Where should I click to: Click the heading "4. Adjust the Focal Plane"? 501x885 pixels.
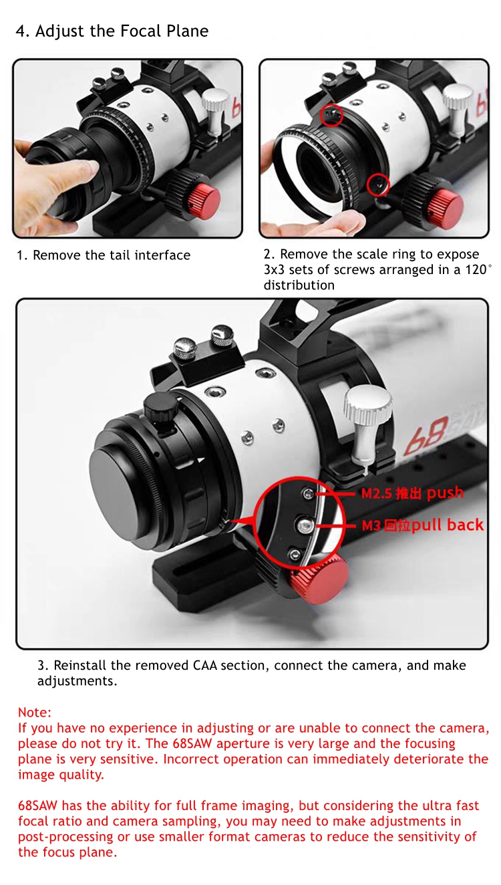pos(112,31)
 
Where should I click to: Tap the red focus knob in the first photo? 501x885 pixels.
pos(203,201)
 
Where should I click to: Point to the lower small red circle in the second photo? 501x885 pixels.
pos(378,185)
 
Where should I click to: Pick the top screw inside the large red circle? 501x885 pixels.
pos(308,493)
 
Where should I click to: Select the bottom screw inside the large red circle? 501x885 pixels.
pos(295,554)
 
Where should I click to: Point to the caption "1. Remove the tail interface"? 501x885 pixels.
pos(104,255)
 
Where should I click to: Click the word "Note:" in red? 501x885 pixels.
pos(35,713)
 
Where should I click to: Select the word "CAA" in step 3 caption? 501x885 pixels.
pos(205,665)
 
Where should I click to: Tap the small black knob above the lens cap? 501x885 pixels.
pos(159,406)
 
